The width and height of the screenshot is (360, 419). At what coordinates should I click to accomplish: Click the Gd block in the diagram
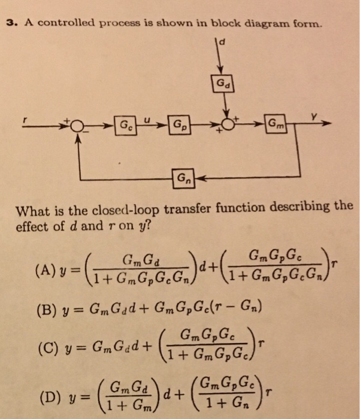coord(222,83)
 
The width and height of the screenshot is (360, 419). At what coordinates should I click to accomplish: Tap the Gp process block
coord(179,126)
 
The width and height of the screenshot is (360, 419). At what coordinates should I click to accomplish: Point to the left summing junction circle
coord(78,126)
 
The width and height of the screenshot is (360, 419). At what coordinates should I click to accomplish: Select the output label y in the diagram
coord(311,117)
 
